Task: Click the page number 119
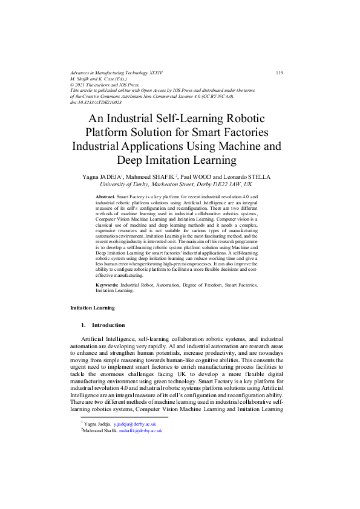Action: click(x=279, y=73)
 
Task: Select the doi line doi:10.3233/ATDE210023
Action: click(x=96, y=103)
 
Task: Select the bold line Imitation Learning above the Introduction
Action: click(x=93, y=308)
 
